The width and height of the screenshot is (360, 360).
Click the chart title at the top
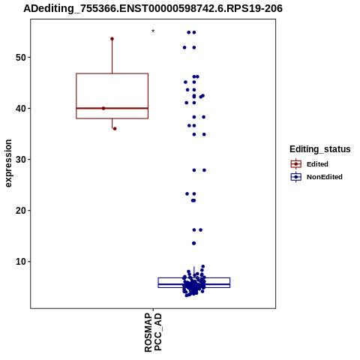point(153,8)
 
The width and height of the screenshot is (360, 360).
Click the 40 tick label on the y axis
point(21,109)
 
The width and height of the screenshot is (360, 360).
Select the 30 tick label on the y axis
point(21,160)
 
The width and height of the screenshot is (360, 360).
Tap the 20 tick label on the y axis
point(21,211)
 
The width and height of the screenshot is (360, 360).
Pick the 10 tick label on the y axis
point(21,262)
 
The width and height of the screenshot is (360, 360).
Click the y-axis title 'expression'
point(8,163)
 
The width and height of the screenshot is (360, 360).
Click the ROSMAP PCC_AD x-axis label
point(153,332)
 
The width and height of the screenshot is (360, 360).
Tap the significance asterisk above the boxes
point(153,31)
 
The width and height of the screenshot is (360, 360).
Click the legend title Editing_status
point(320,149)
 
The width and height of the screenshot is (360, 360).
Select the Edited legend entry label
point(317,164)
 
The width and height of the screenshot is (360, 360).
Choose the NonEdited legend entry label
point(325,177)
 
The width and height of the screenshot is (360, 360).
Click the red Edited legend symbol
point(296,164)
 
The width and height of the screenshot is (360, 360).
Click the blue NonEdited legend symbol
point(296,177)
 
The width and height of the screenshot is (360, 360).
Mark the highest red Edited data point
point(112,39)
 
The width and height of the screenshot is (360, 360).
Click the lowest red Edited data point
point(115,129)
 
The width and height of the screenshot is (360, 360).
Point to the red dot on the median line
point(103,108)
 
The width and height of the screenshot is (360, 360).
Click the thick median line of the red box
point(125,108)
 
